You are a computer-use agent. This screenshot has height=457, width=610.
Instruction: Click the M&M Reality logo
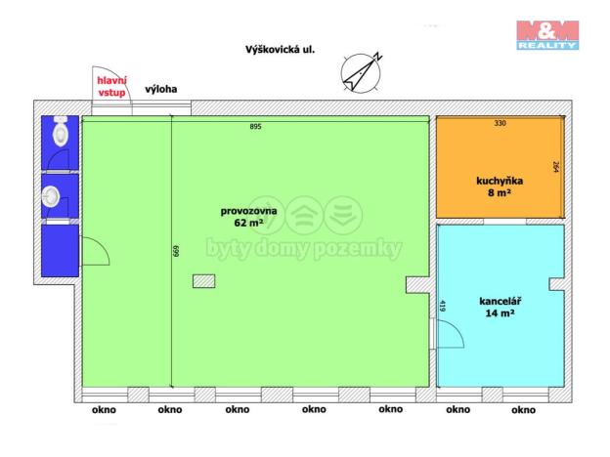(547, 34)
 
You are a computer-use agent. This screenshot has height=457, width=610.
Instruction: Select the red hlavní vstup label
(110, 86)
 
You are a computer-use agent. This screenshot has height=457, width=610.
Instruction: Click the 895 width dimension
(255, 126)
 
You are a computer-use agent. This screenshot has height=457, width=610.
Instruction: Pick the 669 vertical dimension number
(176, 251)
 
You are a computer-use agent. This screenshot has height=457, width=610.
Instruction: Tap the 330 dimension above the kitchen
(500, 124)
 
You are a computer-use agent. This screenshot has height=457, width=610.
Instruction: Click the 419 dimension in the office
(443, 306)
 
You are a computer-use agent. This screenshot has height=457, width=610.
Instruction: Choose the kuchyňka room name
(499, 181)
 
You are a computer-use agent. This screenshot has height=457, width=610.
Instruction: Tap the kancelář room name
(500, 301)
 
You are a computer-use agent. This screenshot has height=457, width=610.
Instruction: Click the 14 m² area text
(500, 315)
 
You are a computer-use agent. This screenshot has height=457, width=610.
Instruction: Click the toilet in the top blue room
(62, 134)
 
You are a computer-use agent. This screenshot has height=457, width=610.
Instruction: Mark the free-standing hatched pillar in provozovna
(204, 281)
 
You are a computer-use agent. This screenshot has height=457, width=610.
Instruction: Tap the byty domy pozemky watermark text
(303, 249)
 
